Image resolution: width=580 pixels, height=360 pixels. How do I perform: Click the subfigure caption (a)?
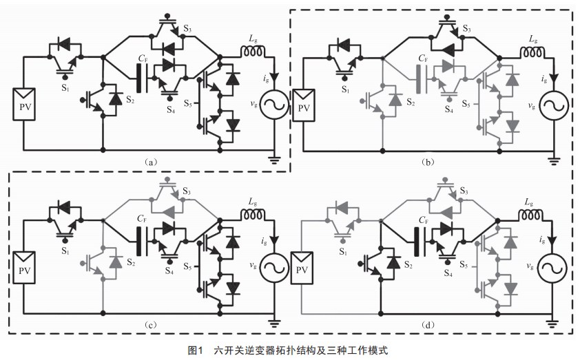coord(152,162)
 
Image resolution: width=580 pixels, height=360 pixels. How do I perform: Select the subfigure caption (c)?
coord(152,324)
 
